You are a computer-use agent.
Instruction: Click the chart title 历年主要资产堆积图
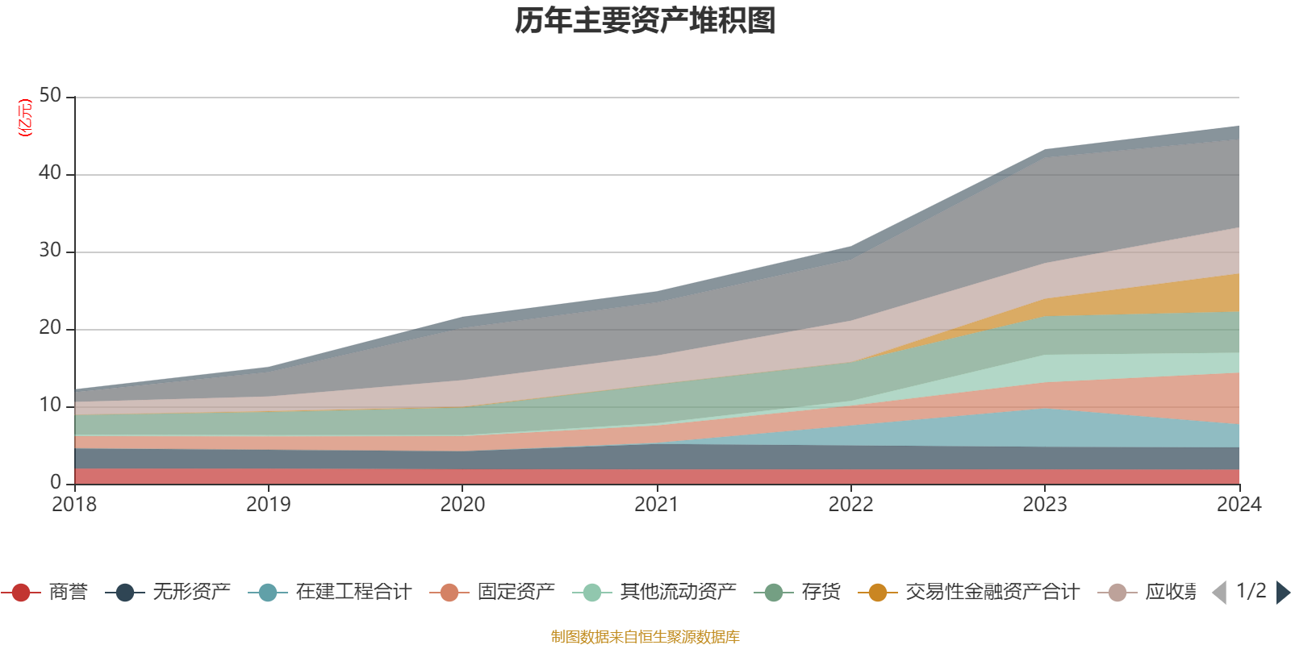tap(645, 21)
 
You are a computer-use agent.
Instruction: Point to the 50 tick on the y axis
tap(50, 96)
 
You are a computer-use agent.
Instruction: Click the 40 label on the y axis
tap(50, 173)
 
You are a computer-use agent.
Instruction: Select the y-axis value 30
tap(50, 251)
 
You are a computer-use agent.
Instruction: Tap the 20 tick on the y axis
tap(50, 328)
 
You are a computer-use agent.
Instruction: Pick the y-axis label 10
tap(50, 406)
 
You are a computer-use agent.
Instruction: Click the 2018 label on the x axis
tap(74, 505)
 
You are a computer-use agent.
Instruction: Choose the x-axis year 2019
tap(268, 505)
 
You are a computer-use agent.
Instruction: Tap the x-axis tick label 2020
tap(462, 505)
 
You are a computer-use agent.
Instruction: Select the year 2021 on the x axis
tap(657, 505)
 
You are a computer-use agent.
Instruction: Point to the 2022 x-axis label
tap(850, 505)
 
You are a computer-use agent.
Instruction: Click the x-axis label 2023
tap(1045, 505)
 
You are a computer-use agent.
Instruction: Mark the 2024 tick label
tap(1239, 505)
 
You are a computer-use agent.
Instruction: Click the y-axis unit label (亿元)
tap(25, 118)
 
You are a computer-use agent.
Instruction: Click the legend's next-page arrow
tap(1282, 593)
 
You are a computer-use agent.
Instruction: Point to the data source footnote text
tap(645, 637)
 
